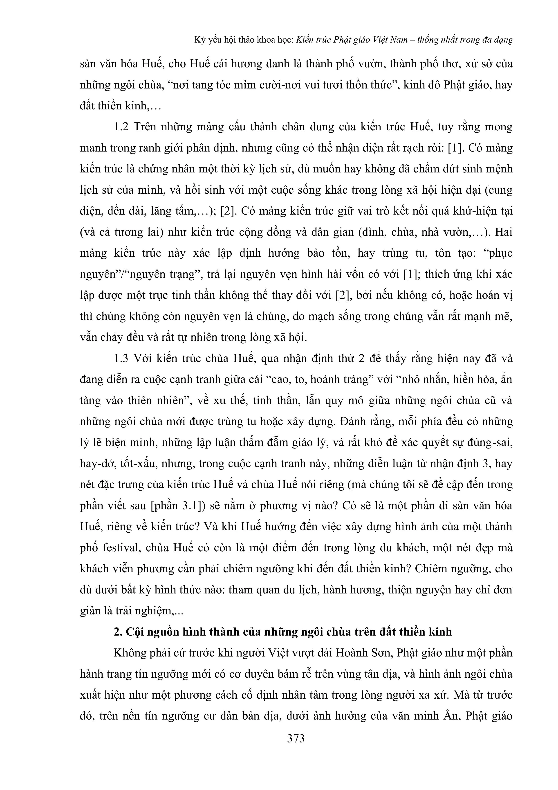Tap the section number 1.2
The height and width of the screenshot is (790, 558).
(x=121, y=127)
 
